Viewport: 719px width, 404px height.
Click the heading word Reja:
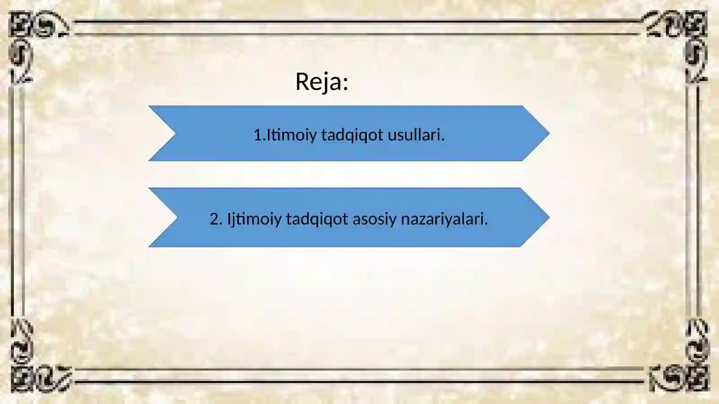point(321,82)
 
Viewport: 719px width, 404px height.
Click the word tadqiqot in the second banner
point(317,219)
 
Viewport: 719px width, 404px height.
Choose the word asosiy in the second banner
point(374,219)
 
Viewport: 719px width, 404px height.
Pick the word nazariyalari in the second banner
point(443,219)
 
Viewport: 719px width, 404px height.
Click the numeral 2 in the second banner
point(215,219)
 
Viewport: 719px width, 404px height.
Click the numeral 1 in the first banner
point(257,135)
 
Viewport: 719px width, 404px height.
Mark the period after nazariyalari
point(486,223)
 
